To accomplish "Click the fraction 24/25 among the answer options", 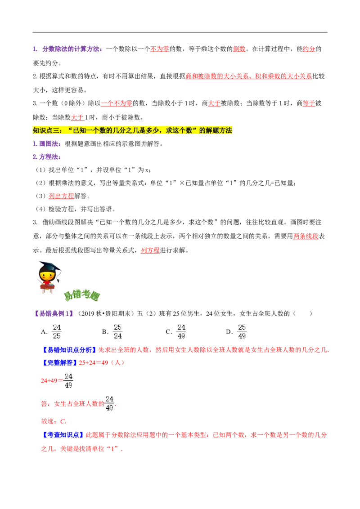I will [57, 331].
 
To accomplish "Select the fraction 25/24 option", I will [118, 331].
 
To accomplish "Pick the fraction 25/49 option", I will [241, 331].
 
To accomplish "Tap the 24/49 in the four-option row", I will [180, 331].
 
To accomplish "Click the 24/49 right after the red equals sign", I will [68, 381].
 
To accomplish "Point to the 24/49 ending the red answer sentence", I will [108, 403].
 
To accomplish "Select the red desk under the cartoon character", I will [47, 289].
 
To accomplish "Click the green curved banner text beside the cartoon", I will [81, 295].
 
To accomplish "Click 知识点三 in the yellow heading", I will [46, 130].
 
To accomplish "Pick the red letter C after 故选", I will [65, 421].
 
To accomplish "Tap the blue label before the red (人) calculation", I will [60, 362].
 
